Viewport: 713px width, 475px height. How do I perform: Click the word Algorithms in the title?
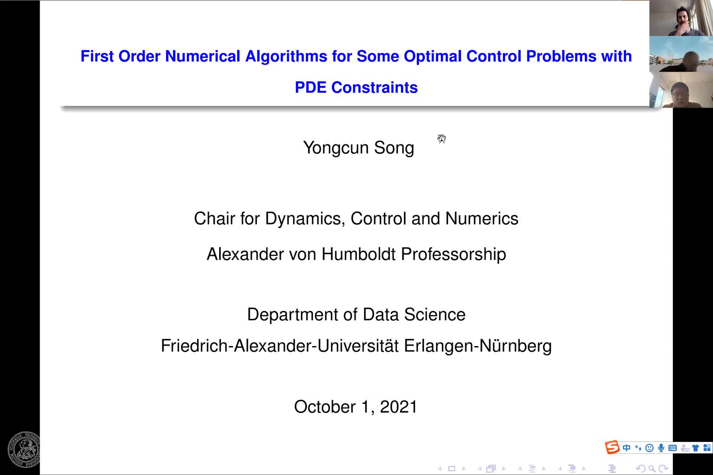click(x=286, y=57)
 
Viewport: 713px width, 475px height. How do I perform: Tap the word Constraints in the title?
click(x=374, y=88)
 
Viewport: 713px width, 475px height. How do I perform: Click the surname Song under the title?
click(x=394, y=148)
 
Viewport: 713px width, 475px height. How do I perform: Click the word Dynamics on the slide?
click(x=305, y=219)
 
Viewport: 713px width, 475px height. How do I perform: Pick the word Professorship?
click(x=453, y=255)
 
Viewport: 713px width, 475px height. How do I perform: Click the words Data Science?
click(x=414, y=314)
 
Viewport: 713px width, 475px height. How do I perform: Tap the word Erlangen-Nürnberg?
click(x=478, y=346)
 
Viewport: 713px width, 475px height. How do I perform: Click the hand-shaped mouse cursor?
click(x=441, y=139)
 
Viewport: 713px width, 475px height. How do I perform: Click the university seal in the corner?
click(x=24, y=449)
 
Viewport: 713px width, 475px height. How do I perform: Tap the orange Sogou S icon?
click(x=612, y=447)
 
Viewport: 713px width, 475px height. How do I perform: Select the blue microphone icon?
click(x=661, y=448)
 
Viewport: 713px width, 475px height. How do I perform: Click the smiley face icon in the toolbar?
click(x=649, y=448)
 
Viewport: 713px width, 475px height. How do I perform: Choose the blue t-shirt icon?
click(x=695, y=448)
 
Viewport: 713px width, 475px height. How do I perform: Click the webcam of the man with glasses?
click(x=681, y=90)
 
